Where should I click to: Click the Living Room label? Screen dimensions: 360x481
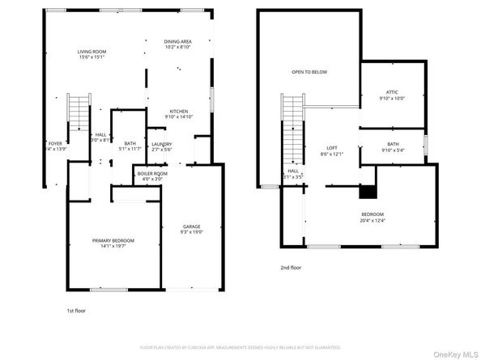(92, 52)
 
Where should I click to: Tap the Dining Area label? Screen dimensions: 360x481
(177, 41)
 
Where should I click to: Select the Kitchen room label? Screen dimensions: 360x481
(179, 112)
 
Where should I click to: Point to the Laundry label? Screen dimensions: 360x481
(161, 145)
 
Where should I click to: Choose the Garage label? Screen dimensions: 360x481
(191, 227)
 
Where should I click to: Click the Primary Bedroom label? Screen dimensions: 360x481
(113, 241)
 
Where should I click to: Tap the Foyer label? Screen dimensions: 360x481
(55, 144)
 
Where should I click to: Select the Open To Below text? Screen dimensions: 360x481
(309, 72)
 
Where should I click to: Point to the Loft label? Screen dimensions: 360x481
(332, 148)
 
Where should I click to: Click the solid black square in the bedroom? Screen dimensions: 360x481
(368, 192)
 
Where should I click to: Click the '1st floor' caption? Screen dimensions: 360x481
(77, 310)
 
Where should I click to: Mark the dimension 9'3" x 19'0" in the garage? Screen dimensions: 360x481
(191, 231)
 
